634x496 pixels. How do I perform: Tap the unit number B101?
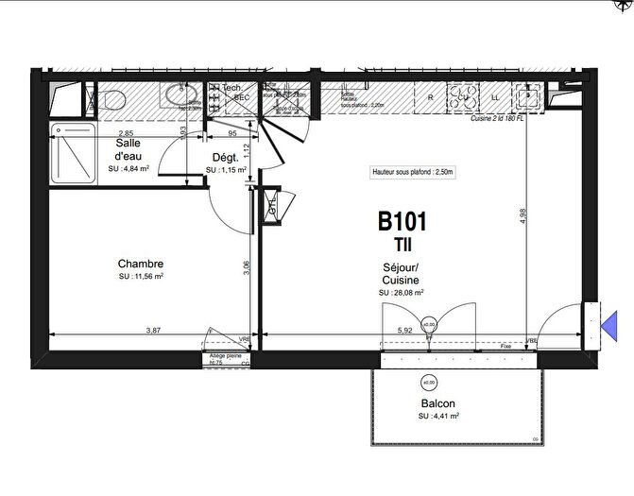tap(403, 222)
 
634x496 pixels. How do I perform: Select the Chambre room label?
tap(141, 264)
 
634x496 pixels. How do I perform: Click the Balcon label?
tap(438, 403)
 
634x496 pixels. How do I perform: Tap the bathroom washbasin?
tap(176, 95)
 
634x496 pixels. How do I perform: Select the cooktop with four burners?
tap(465, 95)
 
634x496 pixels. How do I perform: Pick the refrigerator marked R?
tap(430, 96)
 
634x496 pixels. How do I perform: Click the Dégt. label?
tap(224, 159)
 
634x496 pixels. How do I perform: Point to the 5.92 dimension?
tap(404, 331)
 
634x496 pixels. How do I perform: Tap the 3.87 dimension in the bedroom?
tap(153, 331)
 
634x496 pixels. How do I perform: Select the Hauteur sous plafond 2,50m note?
tap(412, 173)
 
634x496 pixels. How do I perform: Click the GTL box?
tap(272, 209)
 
